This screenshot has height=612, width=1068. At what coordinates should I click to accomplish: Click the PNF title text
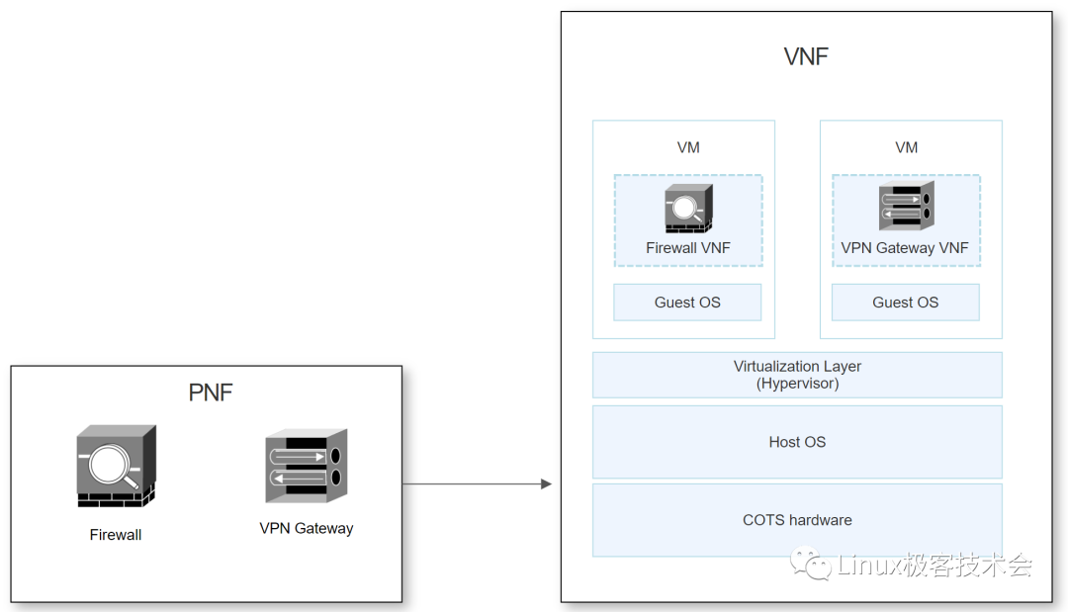pyautogui.click(x=211, y=393)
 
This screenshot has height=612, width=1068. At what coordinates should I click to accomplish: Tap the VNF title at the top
pyautogui.click(x=805, y=56)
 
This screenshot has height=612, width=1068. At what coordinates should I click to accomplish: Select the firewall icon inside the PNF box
pyautogui.click(x=116, y=467)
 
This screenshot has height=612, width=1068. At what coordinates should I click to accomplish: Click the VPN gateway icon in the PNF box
pyautogui.click(x=307, y=466)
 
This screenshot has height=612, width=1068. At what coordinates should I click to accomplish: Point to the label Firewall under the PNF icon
pyautogui.click(x=116, y=535)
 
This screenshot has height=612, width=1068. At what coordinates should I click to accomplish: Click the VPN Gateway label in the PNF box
pyautogui.click(x=307, y=528)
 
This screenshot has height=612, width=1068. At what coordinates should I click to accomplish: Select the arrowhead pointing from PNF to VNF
pyautogui.click(x=545, y=483)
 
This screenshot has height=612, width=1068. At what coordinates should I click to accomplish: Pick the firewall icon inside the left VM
pyautogui.click(x=688, y=209)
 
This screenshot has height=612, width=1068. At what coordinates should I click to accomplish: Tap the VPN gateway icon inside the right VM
pyautogui.click(x=906, y=207)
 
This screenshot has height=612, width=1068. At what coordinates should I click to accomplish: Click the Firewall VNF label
pyautogui.click(x=688, y=248)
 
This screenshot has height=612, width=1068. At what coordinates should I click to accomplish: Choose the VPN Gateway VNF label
pyautogui.click(x=905, y=248)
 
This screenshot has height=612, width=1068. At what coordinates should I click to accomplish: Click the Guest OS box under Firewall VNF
pyautogui.click(x=687, y=303)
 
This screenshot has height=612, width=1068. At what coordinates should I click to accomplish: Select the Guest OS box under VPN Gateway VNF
pyautogui.click(x=905, y=303)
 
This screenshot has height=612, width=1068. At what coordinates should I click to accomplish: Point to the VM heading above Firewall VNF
pyautogui.click(x=688, y=147)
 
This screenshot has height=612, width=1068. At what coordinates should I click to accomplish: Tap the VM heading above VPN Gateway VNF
pyautogui.click(x=906, y=147)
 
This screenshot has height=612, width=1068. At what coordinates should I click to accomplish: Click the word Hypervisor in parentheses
pyautogui.click(x=797, y=384)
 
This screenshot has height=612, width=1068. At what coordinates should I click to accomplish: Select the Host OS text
pyautogui.click(x=797, y=442)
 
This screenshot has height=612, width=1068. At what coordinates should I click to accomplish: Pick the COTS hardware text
pyautogui.click(x=797, y=520)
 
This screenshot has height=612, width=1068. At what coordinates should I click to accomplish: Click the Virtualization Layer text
pyautogui.click(x=797, y=367)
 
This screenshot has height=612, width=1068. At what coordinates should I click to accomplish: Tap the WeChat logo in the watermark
pyautogui.click(x=817, y=566)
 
